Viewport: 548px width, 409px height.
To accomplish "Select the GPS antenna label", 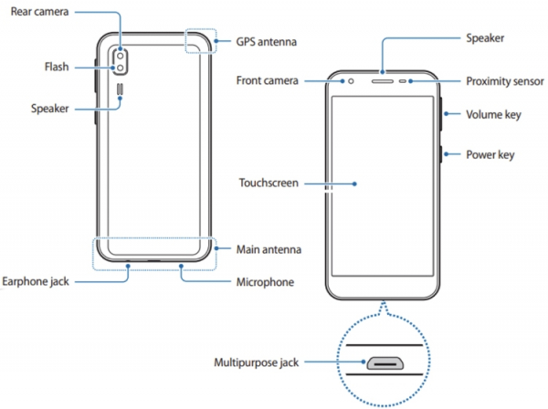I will [266, 42].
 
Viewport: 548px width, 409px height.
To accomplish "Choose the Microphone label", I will [265, 282].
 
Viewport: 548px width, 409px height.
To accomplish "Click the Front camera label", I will [269, 80].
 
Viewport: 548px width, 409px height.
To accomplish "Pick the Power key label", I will [490, 154].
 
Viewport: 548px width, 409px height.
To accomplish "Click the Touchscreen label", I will [269, 183].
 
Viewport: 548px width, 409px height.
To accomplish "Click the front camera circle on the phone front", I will [350, 80].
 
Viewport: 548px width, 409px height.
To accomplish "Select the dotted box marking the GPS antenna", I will [199, 40].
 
